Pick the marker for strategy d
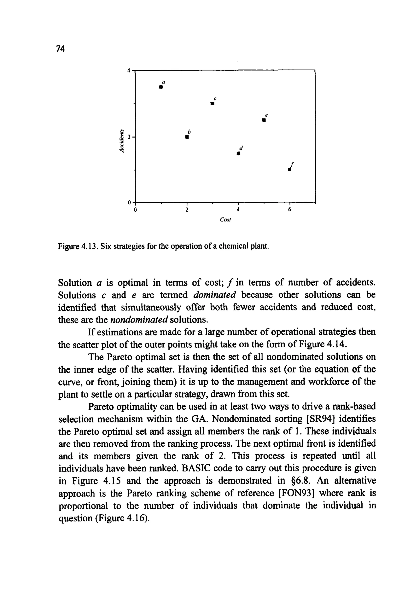(x=238, y=153)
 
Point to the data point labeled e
(x=264, y=120)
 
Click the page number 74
(x=60, y=49)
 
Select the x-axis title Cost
(x=225, y=220)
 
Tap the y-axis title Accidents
(x=122, y=141)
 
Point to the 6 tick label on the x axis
(x=289, y=210)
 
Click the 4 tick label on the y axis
(x=129, y=71)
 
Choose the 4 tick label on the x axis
(x=238, y=210)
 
